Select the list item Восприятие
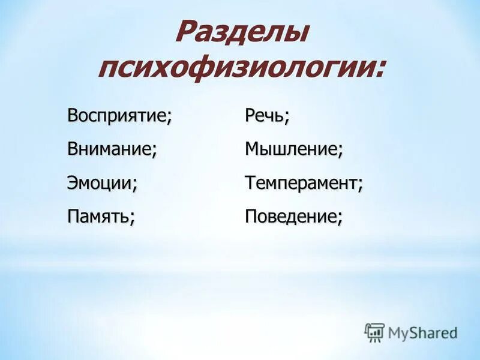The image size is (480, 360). pyautogui.click(x=119, y=115)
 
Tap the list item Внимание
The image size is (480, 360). pyautogui.click(x=112, y=149)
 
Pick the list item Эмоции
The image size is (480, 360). pyautogui.click(x=101, y=182)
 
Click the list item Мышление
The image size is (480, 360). pyautogui.click(x=293, y=149)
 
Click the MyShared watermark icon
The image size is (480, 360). pyautogui.click(x=374, y=332)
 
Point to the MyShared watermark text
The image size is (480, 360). pyautogui.click(x=422, y=332)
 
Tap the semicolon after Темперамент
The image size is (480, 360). pyautogui.click(x=360, y=185)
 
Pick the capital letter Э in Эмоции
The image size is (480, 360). pyautogui.click(x=73, y=182)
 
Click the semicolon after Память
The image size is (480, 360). pyautogui.click(x=131, y=219)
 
